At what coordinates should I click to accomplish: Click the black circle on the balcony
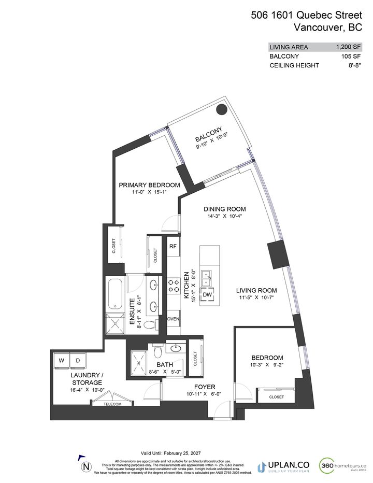222,109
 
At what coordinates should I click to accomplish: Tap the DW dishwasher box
207,294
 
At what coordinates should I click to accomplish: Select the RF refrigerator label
173,247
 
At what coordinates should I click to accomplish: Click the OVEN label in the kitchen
173,319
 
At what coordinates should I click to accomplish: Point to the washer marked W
62,360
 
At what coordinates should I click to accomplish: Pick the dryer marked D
78,360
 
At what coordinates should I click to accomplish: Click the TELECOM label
112,404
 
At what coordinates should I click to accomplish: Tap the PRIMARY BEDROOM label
149,185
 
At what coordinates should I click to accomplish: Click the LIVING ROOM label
256,291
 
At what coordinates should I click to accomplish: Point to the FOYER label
205,387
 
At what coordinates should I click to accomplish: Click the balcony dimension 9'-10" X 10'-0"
212,147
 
